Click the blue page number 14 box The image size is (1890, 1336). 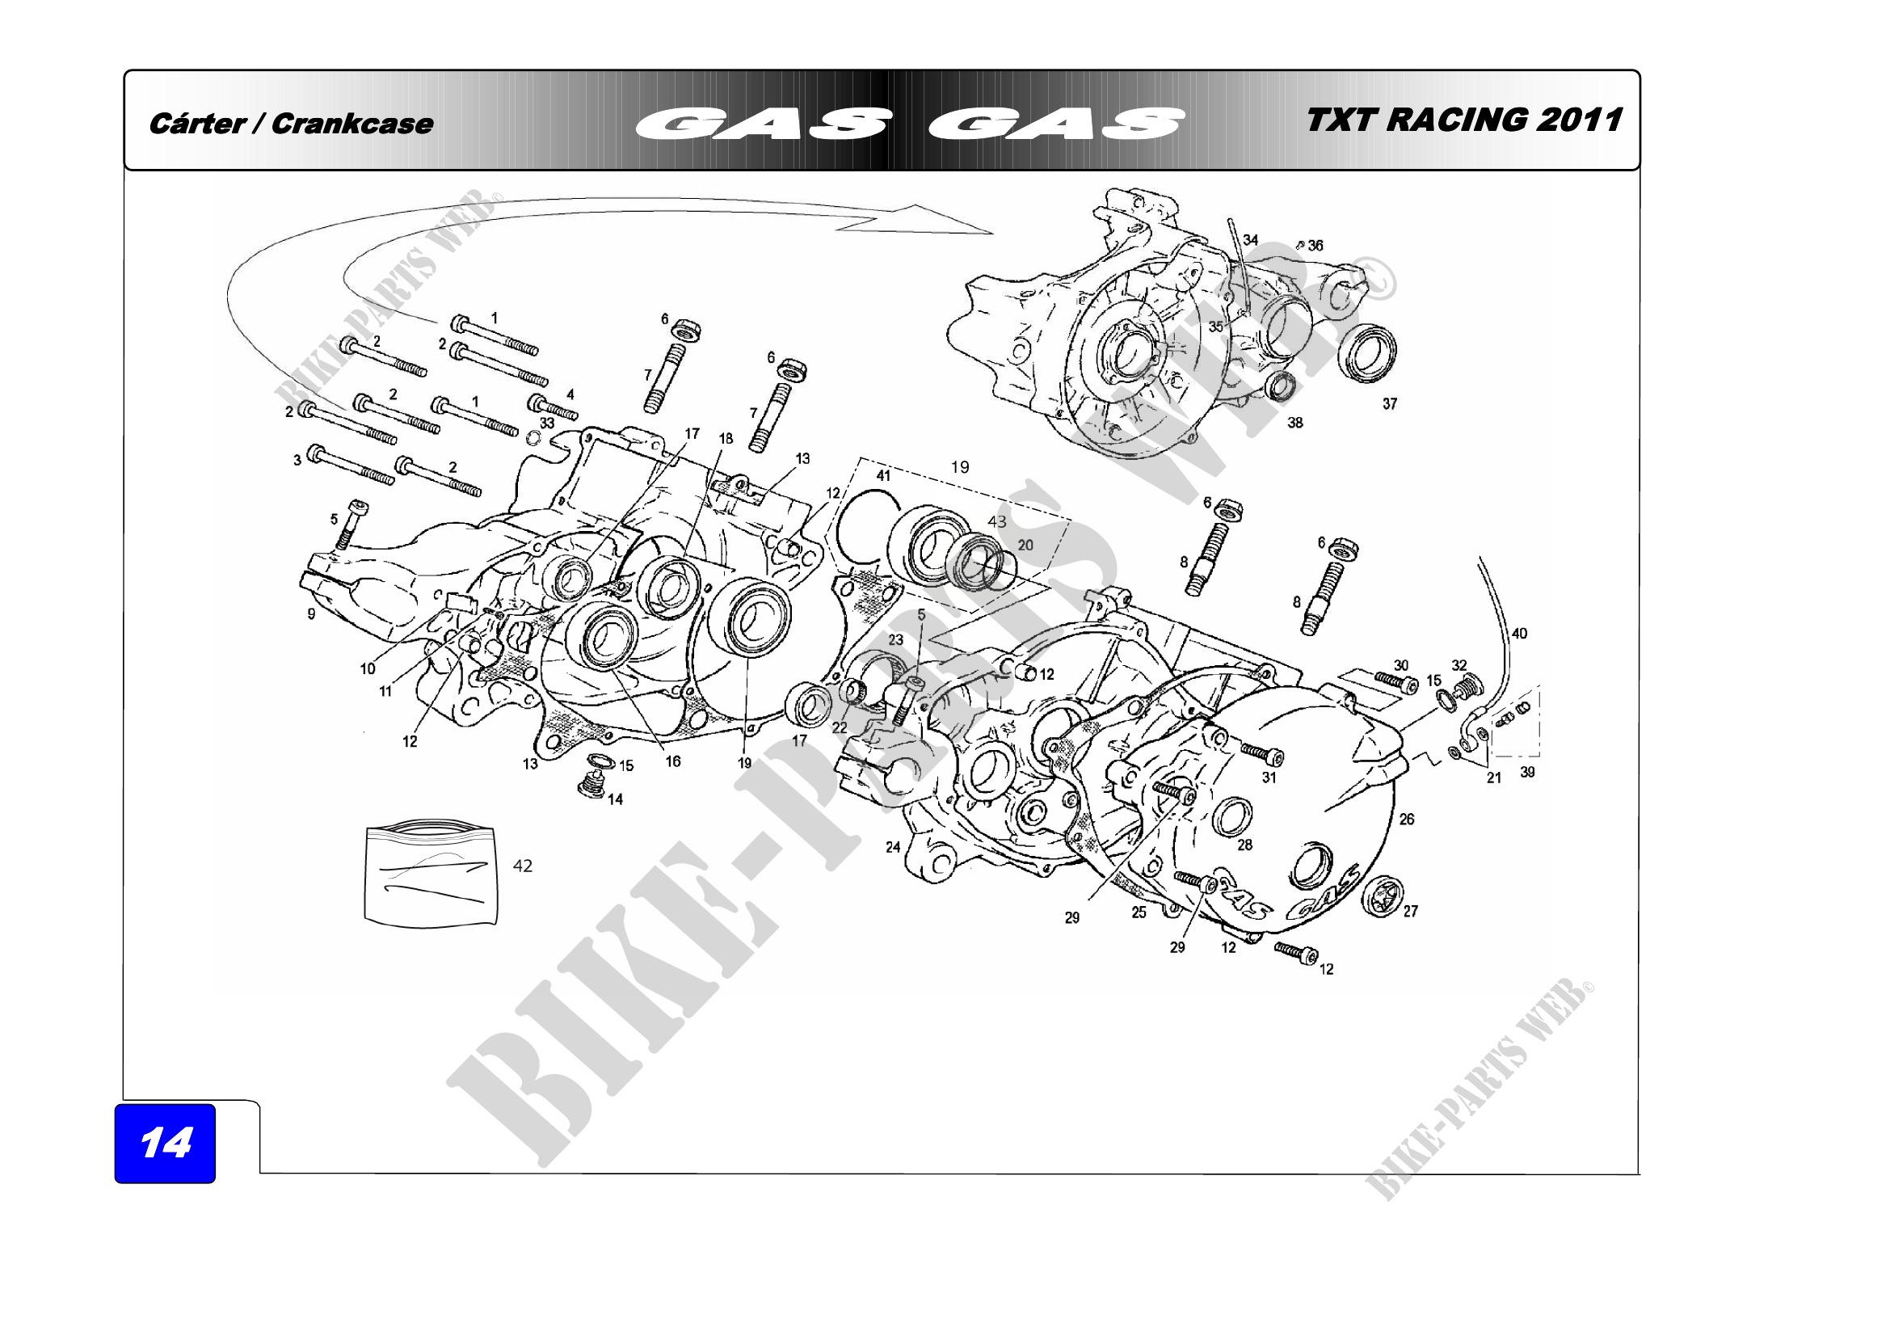(165, 1143)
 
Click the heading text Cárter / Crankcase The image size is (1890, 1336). (291, 124)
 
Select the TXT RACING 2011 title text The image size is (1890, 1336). (1463, 120)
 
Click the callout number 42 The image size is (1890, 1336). (523, 866)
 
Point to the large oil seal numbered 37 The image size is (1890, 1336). (1367, 353)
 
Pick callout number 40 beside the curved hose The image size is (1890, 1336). (1520, 633)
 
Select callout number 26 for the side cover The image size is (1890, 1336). (1407, 819)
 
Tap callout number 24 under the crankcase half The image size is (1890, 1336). (893, 847)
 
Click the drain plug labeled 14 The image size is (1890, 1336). (590, 786)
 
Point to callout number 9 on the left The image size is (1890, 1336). (311, 614)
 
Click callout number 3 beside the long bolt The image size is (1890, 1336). (297, 460)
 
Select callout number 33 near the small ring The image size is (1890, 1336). (547, 424)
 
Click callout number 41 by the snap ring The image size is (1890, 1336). (883, 476)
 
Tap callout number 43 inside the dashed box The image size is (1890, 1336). (997, 522)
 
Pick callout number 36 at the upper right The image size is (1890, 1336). (1315, 246)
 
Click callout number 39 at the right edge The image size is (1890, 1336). (1528, 772)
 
